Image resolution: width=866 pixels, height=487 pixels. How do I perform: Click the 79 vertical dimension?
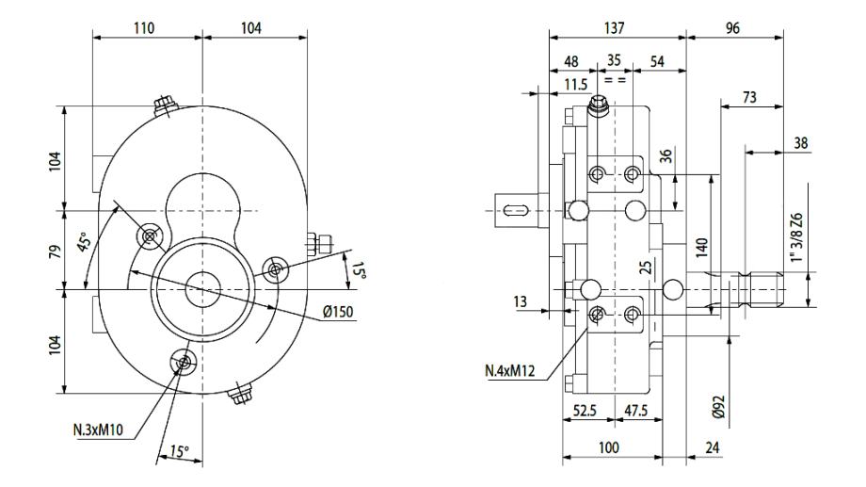56,251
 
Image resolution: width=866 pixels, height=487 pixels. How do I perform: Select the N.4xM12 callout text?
510,371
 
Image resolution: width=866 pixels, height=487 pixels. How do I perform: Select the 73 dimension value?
750,96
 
